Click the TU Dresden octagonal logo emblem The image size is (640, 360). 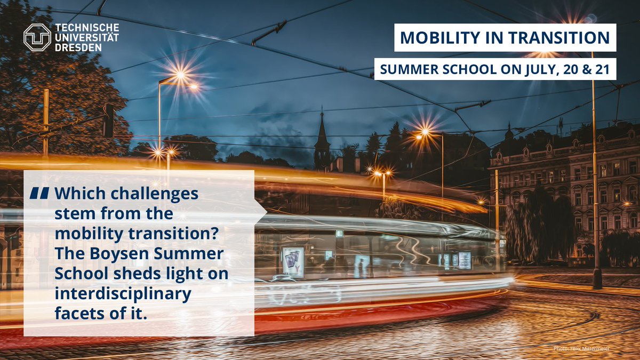point(37,38)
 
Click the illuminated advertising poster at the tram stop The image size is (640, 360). point(293,261)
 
